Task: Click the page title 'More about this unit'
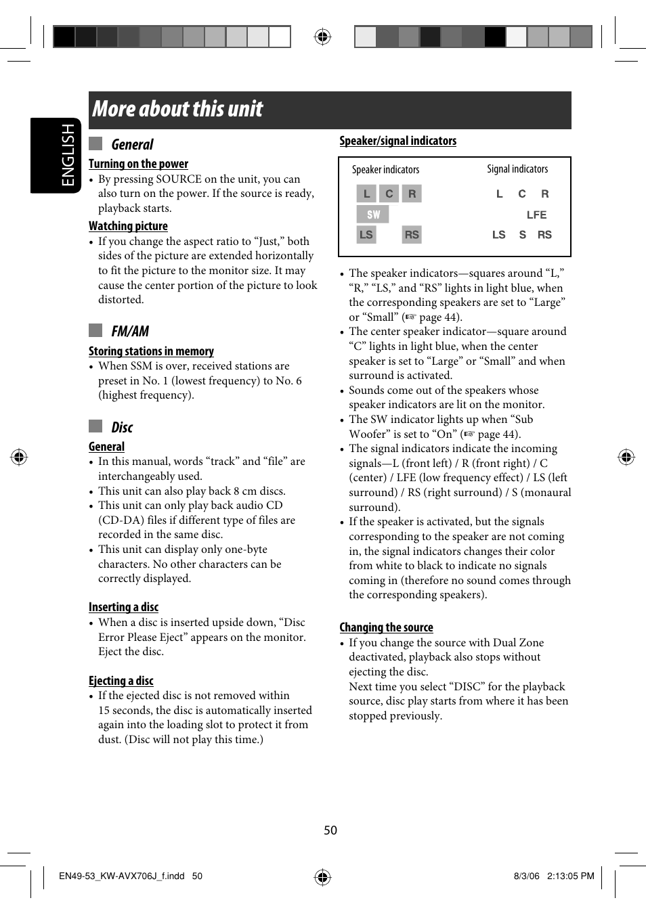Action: click(x=177, y=110)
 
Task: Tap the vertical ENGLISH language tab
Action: click(x=68, y=155)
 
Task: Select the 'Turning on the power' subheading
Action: click(x=138, y=164)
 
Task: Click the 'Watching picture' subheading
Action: click(x=128, y=226)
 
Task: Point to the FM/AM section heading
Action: click(x=130, y=331)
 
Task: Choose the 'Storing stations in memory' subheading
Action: click(x=151, y=351)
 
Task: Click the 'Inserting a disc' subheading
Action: click(x=123, y=607)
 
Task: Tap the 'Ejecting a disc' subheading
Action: click(x=121, y=681)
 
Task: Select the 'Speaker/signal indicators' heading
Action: click(x=397, y=141)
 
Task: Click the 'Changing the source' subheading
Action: click(x=386, y=627)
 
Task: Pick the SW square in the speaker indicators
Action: click(x=373, y=215)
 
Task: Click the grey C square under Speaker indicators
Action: click(x=389, y=194)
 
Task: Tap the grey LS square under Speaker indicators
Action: click(x=366, y=235)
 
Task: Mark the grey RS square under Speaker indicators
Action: click(x=412, y=235)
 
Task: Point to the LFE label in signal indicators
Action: click(x=536, y=215)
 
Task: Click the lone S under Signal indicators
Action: click(x=522, y=235)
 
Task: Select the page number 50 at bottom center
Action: click(x=330, y=830)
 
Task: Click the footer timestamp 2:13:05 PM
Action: click(x=570, y=876)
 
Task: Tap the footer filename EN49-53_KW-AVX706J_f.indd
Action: click(x=122, y=876)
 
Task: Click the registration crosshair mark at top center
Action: click(x=323, y=37)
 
